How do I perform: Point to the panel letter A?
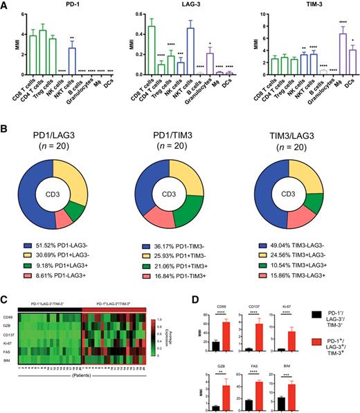point(6,6)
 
